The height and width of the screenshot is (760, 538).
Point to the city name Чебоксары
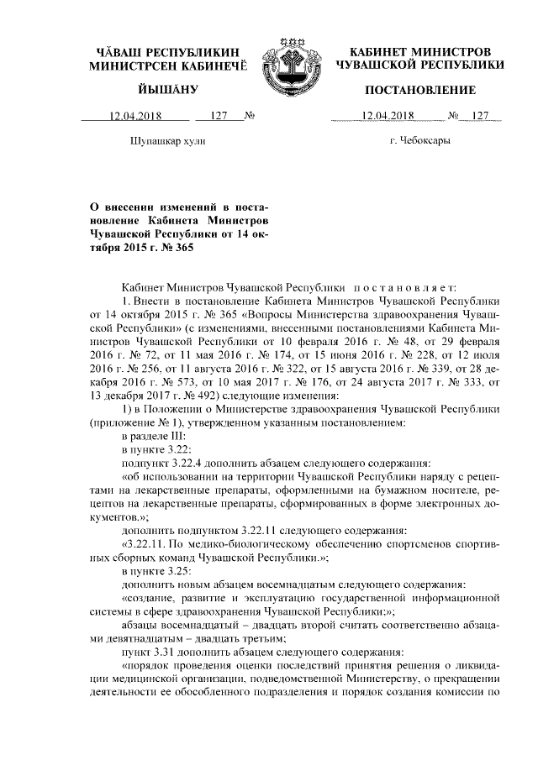coord(420,140)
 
